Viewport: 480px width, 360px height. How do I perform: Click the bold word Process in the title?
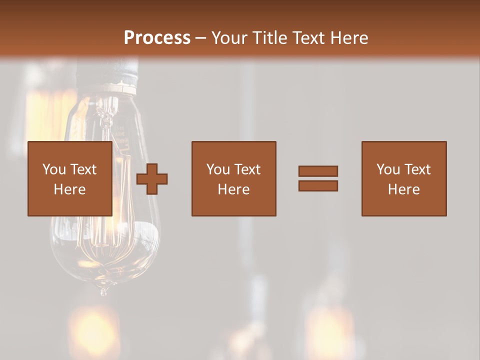(157, 38)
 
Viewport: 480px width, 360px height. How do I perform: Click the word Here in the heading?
(349, 38)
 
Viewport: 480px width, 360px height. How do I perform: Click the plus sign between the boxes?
(152, 179)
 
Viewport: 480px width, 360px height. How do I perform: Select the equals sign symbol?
(318, 178)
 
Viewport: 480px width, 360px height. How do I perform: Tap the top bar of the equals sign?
(318, 171)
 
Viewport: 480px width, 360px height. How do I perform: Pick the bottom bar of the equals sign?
(318, 185)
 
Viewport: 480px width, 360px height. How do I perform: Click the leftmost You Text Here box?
(69, 178)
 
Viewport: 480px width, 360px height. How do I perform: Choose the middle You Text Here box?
(233, 178)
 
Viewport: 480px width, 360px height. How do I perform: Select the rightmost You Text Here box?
(403, 178)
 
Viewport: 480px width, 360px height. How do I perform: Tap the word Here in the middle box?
(233, 189)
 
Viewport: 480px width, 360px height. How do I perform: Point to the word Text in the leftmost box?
(83, 169)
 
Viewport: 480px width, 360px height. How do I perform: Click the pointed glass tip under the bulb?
(103, 290)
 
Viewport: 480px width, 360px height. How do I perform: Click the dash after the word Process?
(200, 38)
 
